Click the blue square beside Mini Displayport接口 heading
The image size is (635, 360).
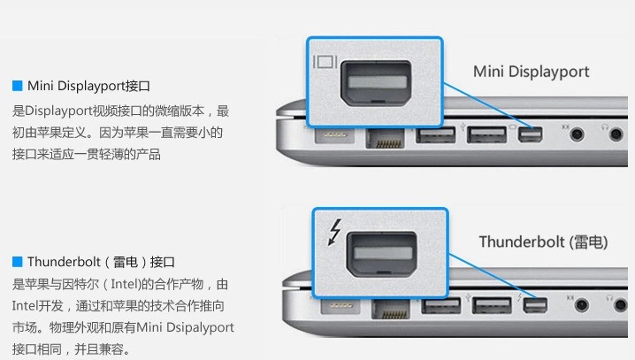pyautogui.click(x=18, y=86)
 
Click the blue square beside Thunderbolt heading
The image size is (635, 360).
pyautogui.click(x=18, y=262)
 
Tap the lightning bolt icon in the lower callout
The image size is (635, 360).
pyautogui.click(x=335, y=233)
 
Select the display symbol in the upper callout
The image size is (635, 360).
pyautogui.click(x=325, y=62)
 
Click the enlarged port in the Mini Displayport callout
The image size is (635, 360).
pyautogui.click(x=376, y=83)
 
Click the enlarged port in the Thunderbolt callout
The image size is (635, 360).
pyautogui.click(x=381, y=255)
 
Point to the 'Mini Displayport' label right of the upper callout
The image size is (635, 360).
pyautogui.click(x=531, y=72)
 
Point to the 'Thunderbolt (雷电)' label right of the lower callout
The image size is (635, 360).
pyautogui.click(x=544, y=242)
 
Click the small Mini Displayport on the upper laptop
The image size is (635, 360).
pyautogui.click(x=530, y=134)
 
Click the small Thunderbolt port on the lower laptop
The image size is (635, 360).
pyautogui.click(x=535, y=305)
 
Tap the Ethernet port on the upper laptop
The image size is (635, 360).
pyautogui.click(x=385, y=138)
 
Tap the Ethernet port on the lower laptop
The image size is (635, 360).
pyautogui.click(x=391, y=309)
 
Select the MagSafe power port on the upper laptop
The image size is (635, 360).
pyautogui.click(x=334, y=134)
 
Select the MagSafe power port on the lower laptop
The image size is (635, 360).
pyautogui.click(x=340, y=305)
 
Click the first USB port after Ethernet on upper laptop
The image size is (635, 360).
pyautogui.click(x=436, y=134)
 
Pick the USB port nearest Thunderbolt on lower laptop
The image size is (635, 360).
pyautogui.click(x=492, y=305)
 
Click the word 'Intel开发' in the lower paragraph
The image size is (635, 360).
pyautogui.click(x=38, y=306)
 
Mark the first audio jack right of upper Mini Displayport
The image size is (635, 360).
pyautogui.click(x=578, y=134)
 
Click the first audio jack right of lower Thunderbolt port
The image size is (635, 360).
pyautogui.click(x=582, y=304)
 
